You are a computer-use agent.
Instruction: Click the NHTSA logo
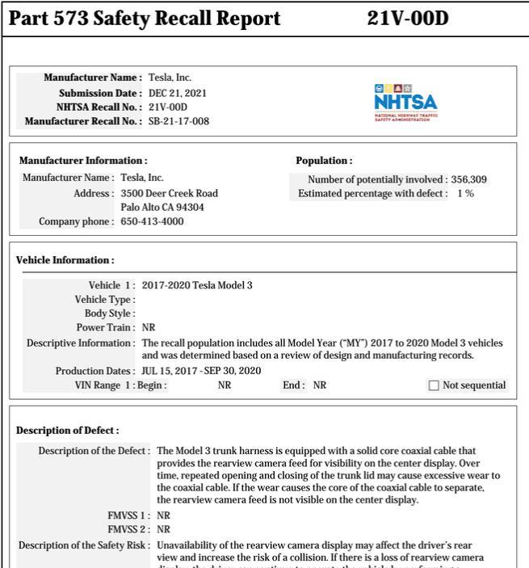pos(405,102)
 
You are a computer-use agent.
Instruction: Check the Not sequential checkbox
pos(434,385)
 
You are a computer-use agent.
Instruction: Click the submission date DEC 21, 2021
pos(177,93)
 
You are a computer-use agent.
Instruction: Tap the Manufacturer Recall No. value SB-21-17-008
pos(178,122)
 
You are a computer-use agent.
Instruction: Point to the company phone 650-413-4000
pos(152,221)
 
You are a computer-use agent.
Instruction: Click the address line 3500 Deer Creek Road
pos(169,193)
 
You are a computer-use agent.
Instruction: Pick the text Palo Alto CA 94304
pos(162,208)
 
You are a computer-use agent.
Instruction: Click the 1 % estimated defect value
pos(465,194)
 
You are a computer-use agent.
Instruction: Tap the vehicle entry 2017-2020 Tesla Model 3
pos(196,285)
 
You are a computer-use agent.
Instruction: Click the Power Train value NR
pos(149,328)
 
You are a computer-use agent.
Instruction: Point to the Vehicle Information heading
pos(65,260)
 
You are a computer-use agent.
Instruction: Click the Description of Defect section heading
pos(67,431)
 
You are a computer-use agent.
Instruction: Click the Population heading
pos(324,161)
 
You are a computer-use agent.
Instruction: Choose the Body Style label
pos(110,313)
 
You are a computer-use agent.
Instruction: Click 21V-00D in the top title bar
pos(407,19)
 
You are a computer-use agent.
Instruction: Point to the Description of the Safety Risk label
pos(84,545)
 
